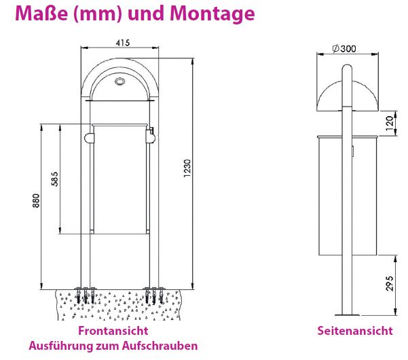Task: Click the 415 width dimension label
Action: coord(122,43)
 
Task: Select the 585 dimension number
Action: coord(55,178)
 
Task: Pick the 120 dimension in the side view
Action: coord(390,123)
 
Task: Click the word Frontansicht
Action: coord(113,331)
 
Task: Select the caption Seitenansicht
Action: coord(354,331)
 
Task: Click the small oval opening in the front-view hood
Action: coord(121,83)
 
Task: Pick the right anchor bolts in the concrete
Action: coord(153,295)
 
